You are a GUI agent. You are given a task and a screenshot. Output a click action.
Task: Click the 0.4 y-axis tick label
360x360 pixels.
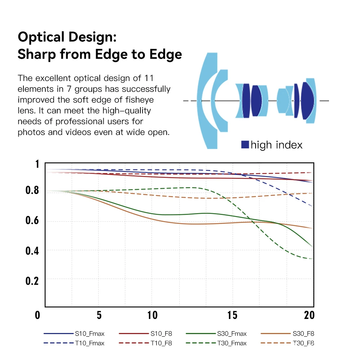32,250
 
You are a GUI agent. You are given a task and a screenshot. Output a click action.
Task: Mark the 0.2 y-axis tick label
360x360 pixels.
32,280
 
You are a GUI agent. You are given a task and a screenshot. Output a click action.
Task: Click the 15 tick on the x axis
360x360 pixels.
233,315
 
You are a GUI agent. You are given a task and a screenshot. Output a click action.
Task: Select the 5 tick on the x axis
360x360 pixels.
99,315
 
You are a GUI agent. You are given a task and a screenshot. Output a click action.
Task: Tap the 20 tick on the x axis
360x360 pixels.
309,315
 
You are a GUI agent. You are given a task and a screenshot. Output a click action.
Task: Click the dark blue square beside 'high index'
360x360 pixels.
245,145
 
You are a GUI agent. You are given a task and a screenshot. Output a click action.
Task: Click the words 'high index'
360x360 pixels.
276,145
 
